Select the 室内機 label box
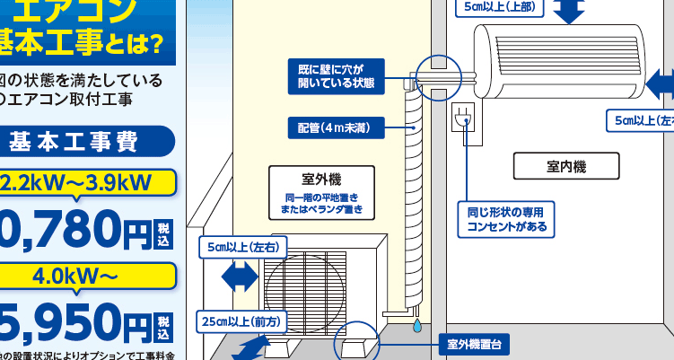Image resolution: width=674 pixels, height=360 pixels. [566, 166]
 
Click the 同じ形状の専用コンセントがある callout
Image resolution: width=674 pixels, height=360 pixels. [505, 220]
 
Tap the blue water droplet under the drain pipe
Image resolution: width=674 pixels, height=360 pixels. [416, 327]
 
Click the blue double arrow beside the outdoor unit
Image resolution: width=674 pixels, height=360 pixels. [238, 277]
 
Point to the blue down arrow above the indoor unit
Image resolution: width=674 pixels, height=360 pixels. [569, 11]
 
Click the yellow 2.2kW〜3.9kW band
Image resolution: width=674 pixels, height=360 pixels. [88, 182]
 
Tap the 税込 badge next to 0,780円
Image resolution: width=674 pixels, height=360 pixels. [163, 233]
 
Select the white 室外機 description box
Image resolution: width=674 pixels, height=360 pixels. [319, 191]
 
